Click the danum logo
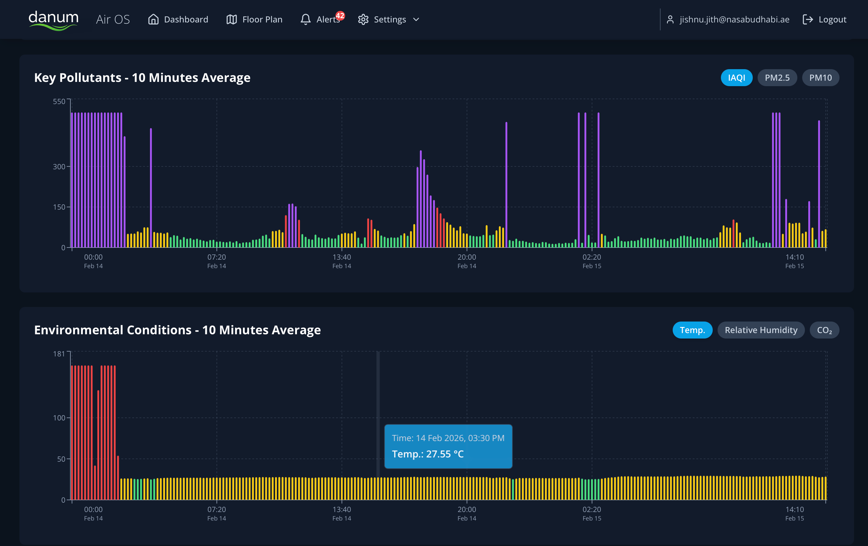coord(53,19)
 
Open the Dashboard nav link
coord(178,19)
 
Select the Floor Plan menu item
coord(254,19)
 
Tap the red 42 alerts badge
coord(340,15)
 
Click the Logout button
coord(825,19)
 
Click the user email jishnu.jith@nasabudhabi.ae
coord(734,19)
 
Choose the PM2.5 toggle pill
coord(777,78)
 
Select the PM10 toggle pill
coord(820,78)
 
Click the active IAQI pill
coord(736,78)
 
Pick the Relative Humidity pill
coord(761,330)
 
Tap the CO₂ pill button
coord(824,330)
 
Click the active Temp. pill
coord(692,330)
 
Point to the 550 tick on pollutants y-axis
coord(59,101)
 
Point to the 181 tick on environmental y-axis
coord(59,354)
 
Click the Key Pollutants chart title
coord(142,78)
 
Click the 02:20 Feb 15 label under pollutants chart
coord(591,261)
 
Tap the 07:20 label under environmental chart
coord(216,513)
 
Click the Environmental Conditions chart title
coord(177,330)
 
